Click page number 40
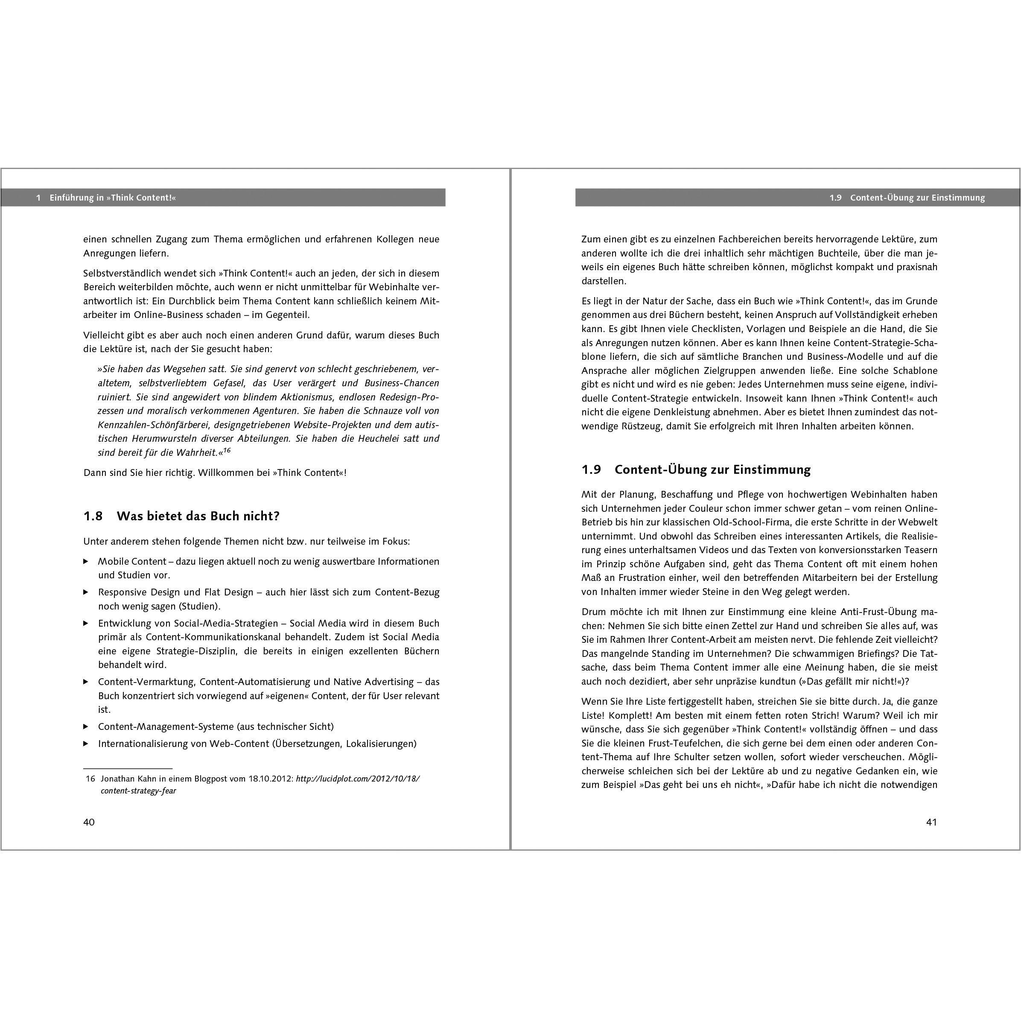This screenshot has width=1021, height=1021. click(x=89, y=822)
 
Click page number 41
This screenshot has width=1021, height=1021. click(x=932, y=822)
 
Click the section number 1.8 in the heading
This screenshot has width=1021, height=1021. click(x=93, y=516)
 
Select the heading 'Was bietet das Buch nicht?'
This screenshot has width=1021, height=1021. click(x=198, y=516)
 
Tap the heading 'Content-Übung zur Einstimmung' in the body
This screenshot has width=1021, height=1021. click(x=712, y=470)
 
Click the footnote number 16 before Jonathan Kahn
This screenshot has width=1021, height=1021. click(x=90, y=779)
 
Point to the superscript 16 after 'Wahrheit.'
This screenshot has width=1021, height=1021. click(x=227, y=450)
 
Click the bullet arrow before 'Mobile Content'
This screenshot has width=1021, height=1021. click(x=86, y=561)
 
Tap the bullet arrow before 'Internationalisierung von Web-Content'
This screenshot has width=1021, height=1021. click(x=86, y=744)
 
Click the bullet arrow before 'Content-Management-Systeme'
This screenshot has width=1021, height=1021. click(x=86, y=726)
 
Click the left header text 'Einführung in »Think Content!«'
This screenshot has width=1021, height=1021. click(x=113, y=198)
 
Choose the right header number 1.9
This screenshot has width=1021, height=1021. click(x=835, y=198)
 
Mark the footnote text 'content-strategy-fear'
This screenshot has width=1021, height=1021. click(x=138, y=791)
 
